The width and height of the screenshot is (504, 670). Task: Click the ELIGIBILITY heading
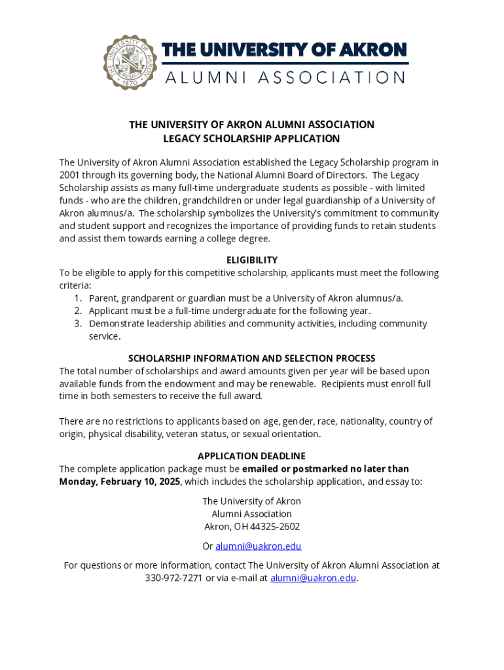[x=251, y=260]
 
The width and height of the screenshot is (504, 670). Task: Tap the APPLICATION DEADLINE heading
[x=251, y=456]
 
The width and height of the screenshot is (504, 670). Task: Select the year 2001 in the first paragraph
[x=69, y=175]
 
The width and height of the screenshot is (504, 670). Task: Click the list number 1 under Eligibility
[x=77, y=298]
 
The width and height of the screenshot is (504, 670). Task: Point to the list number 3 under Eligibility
[x=77, y=324]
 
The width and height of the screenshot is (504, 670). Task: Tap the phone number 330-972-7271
[x=174, y=578]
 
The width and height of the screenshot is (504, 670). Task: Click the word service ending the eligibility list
[x=104, y=336]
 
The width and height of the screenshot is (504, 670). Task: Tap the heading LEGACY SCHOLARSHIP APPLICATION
[x=251, y=139]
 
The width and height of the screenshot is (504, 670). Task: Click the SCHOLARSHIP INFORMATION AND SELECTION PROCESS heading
[x=251, y=359]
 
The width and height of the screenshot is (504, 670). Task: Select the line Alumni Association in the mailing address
[x=251, y=514]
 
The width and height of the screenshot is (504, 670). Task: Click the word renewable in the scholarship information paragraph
[x=291, y=384]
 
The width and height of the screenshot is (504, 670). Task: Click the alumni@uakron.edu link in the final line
[x=313, y=578]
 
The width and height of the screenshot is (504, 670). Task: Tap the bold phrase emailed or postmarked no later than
[x=325, y=469]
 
